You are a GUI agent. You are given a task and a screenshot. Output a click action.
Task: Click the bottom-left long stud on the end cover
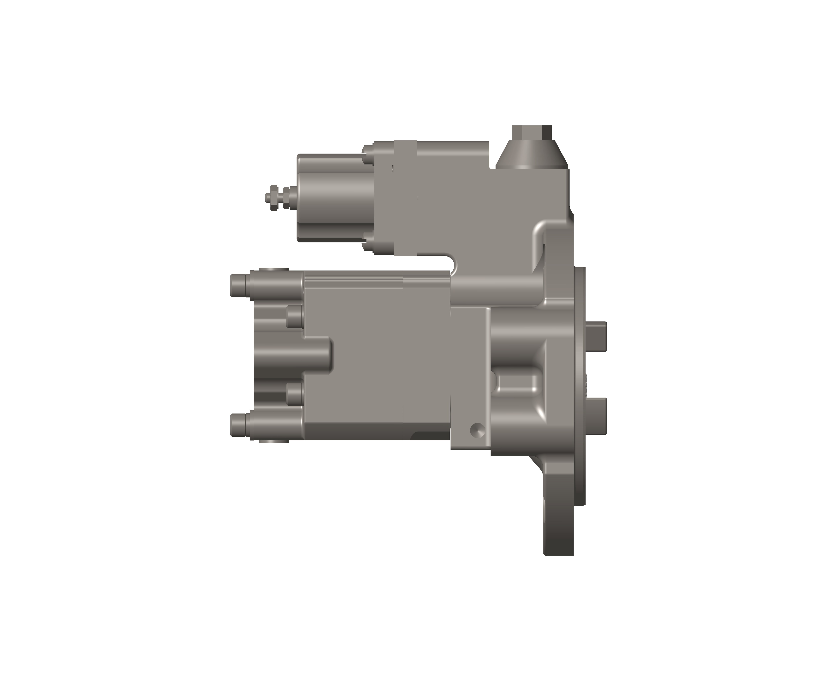point(239,425)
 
